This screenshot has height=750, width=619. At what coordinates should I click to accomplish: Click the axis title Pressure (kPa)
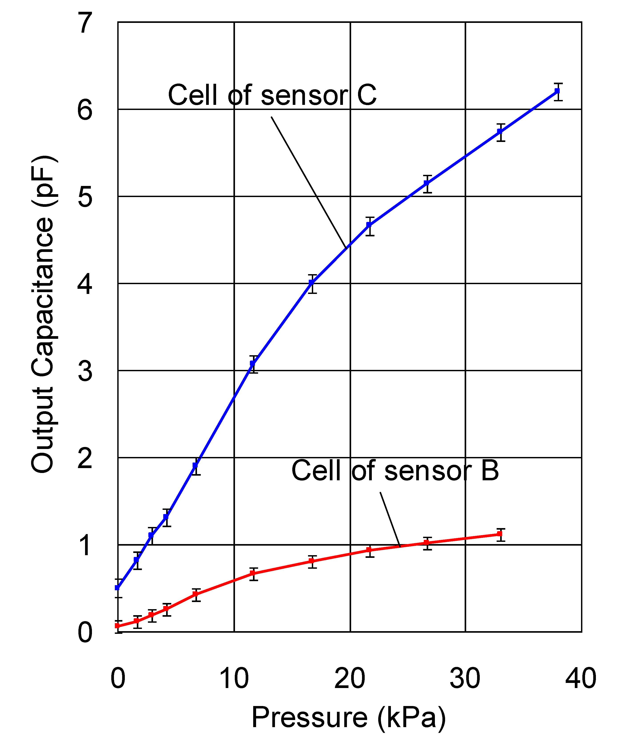click(348, 717)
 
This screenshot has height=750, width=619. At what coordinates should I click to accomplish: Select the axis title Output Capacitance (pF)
click(43, 314)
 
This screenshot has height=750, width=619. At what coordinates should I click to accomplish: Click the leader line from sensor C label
click(309, 182)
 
